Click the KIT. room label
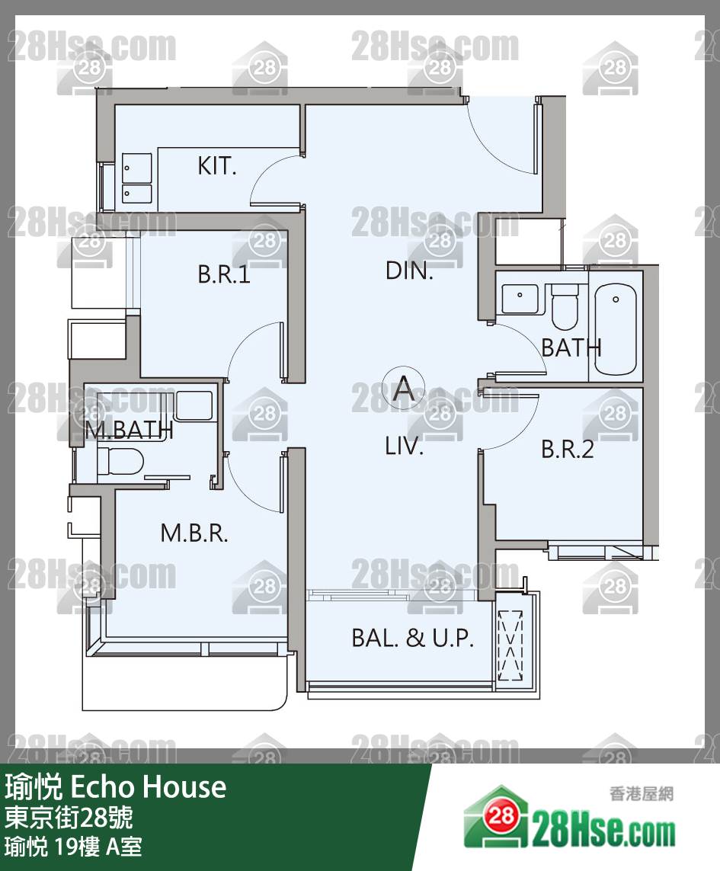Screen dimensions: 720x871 point(216,165)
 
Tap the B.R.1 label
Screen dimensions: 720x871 point(224,274)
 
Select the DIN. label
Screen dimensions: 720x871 point(409,271)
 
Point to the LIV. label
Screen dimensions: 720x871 point(404,446)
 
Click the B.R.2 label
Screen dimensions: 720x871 point(567,450)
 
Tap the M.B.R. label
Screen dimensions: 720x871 point(194,533)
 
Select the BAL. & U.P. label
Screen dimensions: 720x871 point(412,638)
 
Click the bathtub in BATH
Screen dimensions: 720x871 point(615,329)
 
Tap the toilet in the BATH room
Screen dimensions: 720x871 point(565,306)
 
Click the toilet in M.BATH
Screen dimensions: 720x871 point(120,461)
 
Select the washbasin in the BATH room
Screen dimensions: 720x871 point(520,299)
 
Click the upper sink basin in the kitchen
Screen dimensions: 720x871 point(136,167)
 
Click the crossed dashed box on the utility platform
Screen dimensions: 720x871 point(510,645)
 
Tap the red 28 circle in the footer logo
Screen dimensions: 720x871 point(501,815)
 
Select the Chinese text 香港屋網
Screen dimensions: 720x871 point(641,793)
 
